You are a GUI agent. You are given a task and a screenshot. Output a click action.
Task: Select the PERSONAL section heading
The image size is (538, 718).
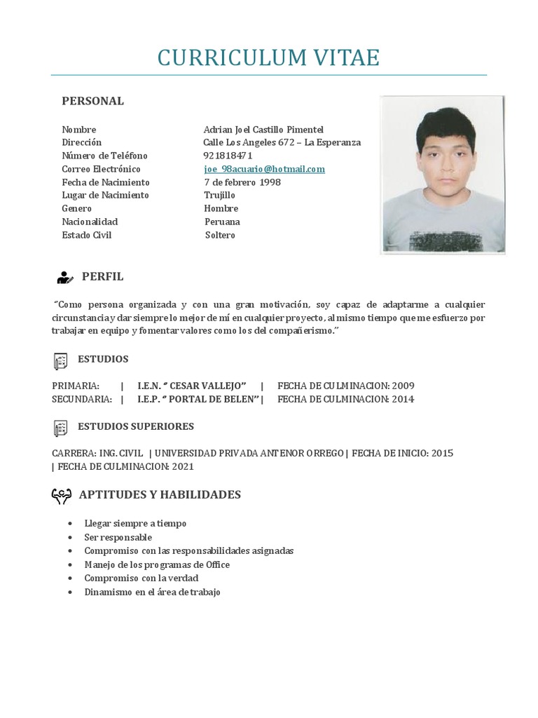(x=92, y=101)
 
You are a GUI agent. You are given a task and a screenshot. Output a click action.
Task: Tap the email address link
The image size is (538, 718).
(x=264, y=169)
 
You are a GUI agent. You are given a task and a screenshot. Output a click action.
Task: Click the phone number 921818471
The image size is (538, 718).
(x=228, y=156)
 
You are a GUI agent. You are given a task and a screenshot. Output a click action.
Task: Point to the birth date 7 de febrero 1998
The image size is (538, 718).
(x=242, y=182)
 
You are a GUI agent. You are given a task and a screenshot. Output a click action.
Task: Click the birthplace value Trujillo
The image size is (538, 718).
(x=219, y=195)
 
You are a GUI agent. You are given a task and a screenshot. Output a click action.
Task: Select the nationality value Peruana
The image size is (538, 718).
(x=222, y=222)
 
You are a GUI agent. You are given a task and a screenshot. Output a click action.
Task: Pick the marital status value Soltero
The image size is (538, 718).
(x=220, y=235)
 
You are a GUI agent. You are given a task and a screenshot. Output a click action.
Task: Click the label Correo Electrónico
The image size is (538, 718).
(x=101, y=169)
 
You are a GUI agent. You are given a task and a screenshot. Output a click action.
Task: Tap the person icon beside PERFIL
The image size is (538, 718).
(x=64, y=278)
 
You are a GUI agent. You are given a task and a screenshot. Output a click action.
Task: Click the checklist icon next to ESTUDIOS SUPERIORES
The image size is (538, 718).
(x=60, y=428)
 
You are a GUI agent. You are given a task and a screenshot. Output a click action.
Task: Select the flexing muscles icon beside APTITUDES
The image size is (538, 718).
(x=62, y=496)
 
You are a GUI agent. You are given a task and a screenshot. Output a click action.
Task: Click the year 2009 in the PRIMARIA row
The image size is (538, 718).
(x=403, y=386)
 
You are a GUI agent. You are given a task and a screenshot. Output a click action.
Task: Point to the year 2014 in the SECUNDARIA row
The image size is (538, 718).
(x=403, y=399)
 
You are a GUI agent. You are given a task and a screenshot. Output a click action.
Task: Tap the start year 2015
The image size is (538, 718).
(x=442, y=453)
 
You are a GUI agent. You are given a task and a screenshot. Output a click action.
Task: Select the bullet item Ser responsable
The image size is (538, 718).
(x=118, y=537)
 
